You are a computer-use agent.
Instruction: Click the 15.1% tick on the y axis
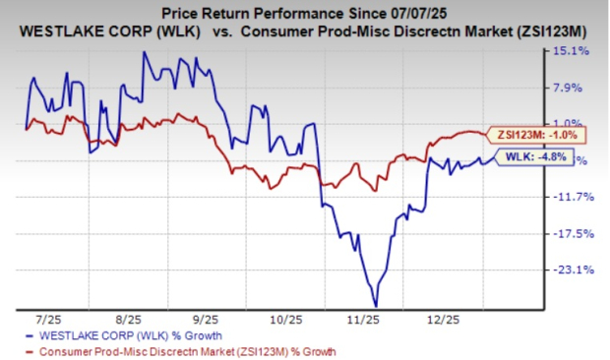tap(573, 50)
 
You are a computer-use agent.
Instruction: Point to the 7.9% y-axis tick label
tap(573, 88)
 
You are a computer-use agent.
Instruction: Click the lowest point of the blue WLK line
tap(375, 306)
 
